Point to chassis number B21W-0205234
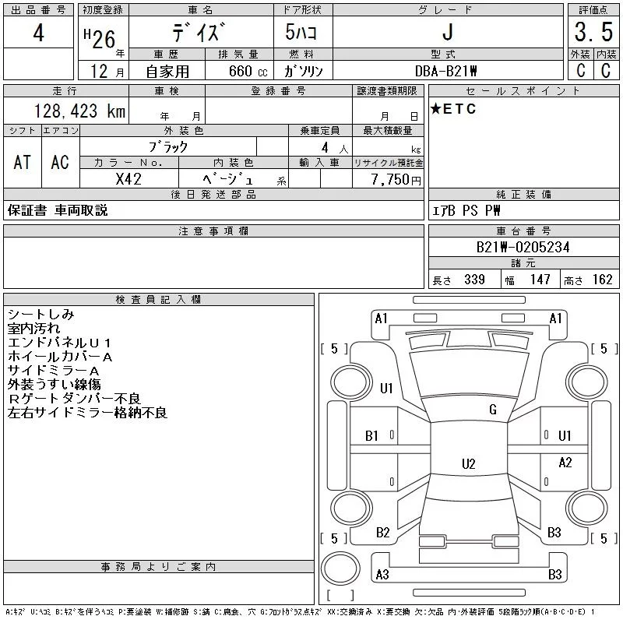523,247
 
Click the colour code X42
128,178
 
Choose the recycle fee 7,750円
395,178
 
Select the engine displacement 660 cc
240,71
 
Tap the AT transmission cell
23,162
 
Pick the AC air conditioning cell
60,162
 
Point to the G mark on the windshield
493,410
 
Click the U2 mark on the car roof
468,464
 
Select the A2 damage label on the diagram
565,463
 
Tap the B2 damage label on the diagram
382,533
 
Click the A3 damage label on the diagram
382,575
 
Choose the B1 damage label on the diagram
371,436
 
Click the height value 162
602,280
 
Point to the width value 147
540,280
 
